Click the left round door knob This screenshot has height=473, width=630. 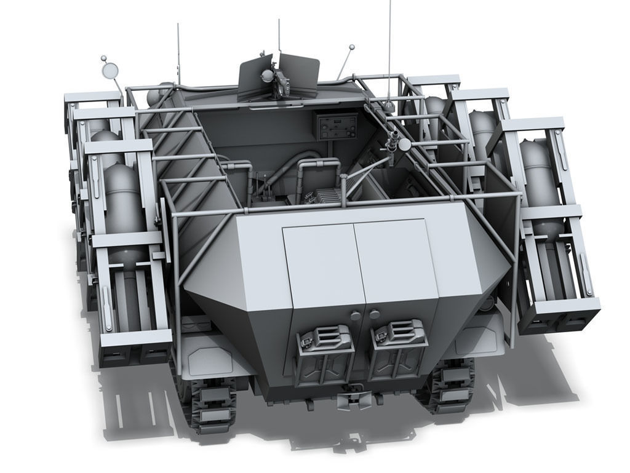point(356,315)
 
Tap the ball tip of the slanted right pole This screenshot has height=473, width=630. point(351,47)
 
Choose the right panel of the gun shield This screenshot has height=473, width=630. point(300,74)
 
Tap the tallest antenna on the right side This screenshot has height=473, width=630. point(389,49)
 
